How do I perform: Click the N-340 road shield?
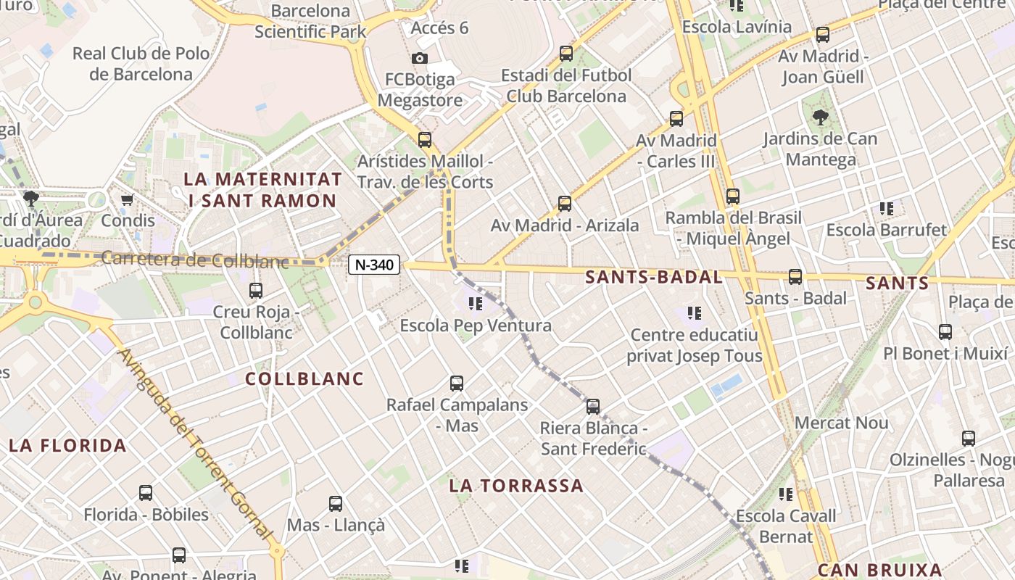point(374,265)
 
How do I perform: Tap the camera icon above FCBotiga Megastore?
point(419,58)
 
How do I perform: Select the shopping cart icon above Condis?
point(128,199)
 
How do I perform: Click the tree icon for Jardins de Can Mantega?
point(820,117)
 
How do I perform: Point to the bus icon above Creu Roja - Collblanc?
point(256,291)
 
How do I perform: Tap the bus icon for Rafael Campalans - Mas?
point(456,383)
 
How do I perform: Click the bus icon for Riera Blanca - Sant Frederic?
point(593,407)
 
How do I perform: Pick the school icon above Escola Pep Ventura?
point(476,304)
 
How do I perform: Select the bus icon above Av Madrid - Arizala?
point(564,204)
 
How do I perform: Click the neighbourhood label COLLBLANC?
point(304,378)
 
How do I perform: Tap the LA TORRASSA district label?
point(515,486)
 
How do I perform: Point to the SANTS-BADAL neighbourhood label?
point(653,277)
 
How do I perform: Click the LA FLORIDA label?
point(67,445)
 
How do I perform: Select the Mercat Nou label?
point(841,423)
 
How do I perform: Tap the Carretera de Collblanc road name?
point(195,260)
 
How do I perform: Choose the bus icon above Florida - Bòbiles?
point(146,493)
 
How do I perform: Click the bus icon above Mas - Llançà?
point(335,503)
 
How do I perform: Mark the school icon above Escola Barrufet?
point(886,209)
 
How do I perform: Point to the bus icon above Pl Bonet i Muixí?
point(945,332)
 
